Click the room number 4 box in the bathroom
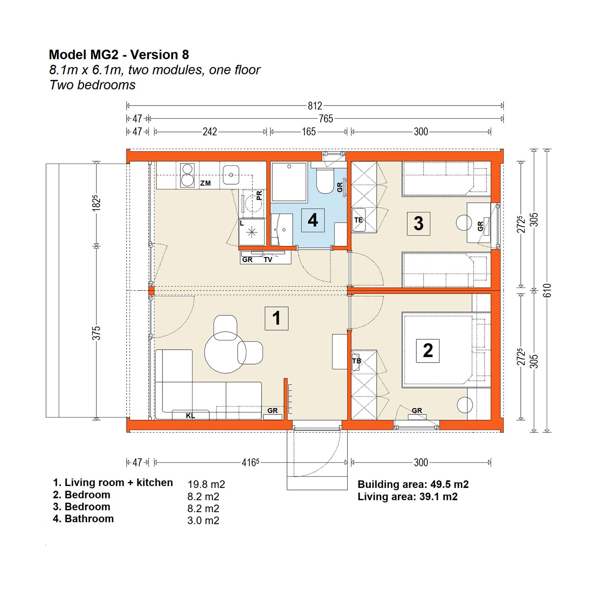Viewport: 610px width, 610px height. (313, 220)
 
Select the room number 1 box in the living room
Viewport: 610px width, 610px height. (276, 318)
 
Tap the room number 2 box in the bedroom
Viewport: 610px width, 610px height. (428, 351)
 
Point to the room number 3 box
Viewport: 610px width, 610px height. (419, 223)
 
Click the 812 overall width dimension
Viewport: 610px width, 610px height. (315, 106)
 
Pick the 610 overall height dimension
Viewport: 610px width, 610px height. (547, 291)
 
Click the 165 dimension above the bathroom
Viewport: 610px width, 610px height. (309, 132)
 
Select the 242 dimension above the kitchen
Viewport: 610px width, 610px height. (210, 132)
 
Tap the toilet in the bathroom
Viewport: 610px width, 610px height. (325, 181)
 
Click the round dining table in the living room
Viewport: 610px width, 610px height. (225, 353)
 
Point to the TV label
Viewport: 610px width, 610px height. (268, 260)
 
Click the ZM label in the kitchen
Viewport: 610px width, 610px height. (205, 183)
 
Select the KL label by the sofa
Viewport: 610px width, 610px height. (191, 416)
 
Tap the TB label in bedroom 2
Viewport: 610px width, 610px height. (356, 361)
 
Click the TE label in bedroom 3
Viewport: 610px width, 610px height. (358, 220)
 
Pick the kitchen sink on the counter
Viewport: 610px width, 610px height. (231, 175)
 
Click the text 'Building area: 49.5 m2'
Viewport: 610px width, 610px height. (413, 485)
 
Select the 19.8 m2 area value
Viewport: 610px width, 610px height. (206, 485)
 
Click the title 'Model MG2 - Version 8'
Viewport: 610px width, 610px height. (119, 55)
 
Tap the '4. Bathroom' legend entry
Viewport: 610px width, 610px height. (83, 519)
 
